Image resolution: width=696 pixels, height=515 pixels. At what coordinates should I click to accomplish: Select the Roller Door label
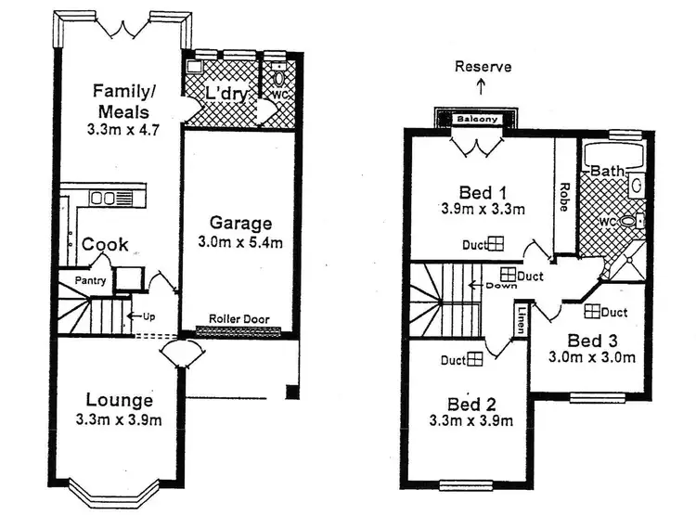pos(238,319)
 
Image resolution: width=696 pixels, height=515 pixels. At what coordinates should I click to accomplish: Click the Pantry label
pos(90,280)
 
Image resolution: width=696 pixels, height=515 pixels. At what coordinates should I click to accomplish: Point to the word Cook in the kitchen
pos(105,245)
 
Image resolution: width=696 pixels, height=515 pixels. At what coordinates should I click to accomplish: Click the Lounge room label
pos(120,401)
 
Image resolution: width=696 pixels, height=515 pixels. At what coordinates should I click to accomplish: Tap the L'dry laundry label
pos(223,95)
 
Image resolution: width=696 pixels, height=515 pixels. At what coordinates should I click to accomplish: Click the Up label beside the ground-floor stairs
pos(148,315)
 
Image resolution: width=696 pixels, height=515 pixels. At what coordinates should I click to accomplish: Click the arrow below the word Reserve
pos(481,86)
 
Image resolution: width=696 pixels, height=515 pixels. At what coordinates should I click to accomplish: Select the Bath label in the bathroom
pos(606,172)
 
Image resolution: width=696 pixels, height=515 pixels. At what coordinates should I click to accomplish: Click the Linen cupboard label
pos(522,319)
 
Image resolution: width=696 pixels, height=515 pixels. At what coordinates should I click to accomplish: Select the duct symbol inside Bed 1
pos(496,244)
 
